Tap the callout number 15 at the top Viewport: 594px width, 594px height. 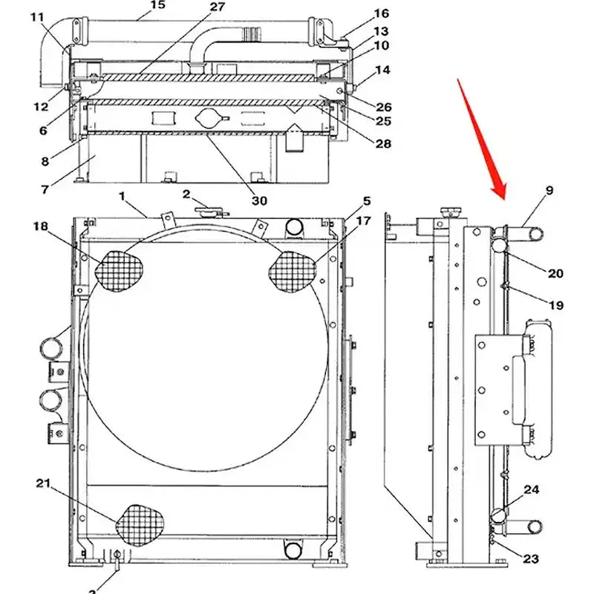pos(157,6)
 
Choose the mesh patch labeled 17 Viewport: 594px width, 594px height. pos(292,271)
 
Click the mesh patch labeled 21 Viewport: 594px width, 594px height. pos(141,525)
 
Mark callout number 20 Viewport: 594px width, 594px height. pos(555,273)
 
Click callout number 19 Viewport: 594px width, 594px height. pos(555,305)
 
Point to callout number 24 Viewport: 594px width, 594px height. pos(531,490)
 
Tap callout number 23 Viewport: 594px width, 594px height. pos(531,559)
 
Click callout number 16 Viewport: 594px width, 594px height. pos(381,13)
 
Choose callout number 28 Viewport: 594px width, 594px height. pos(383,143)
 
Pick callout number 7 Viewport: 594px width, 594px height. pos(45,189)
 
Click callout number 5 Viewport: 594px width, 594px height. pos(366,201)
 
